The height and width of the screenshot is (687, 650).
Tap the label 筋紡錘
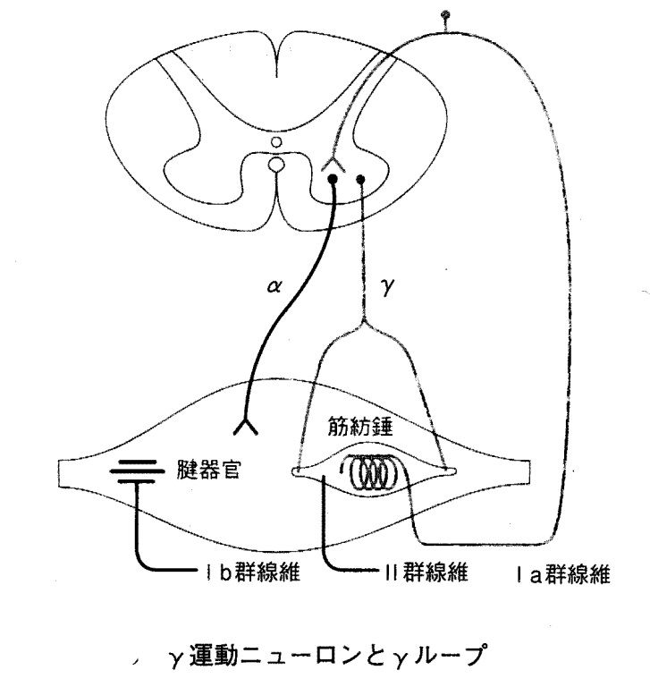[x=356, y=428]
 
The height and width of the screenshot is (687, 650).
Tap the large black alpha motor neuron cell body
[x=333, y=180]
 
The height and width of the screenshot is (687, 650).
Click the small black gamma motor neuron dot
[x=361, y=180]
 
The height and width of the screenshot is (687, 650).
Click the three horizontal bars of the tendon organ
[x=137, y=469]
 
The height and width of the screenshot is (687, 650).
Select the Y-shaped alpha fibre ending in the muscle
[x=247, y=425]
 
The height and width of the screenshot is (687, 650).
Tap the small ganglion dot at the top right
[x=446, y=15]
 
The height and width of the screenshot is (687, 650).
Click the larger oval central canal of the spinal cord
[x=277, y=165]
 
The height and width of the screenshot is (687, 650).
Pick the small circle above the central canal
[x=277, y=141]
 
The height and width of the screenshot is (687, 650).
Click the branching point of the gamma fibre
[x=362, y=323]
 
